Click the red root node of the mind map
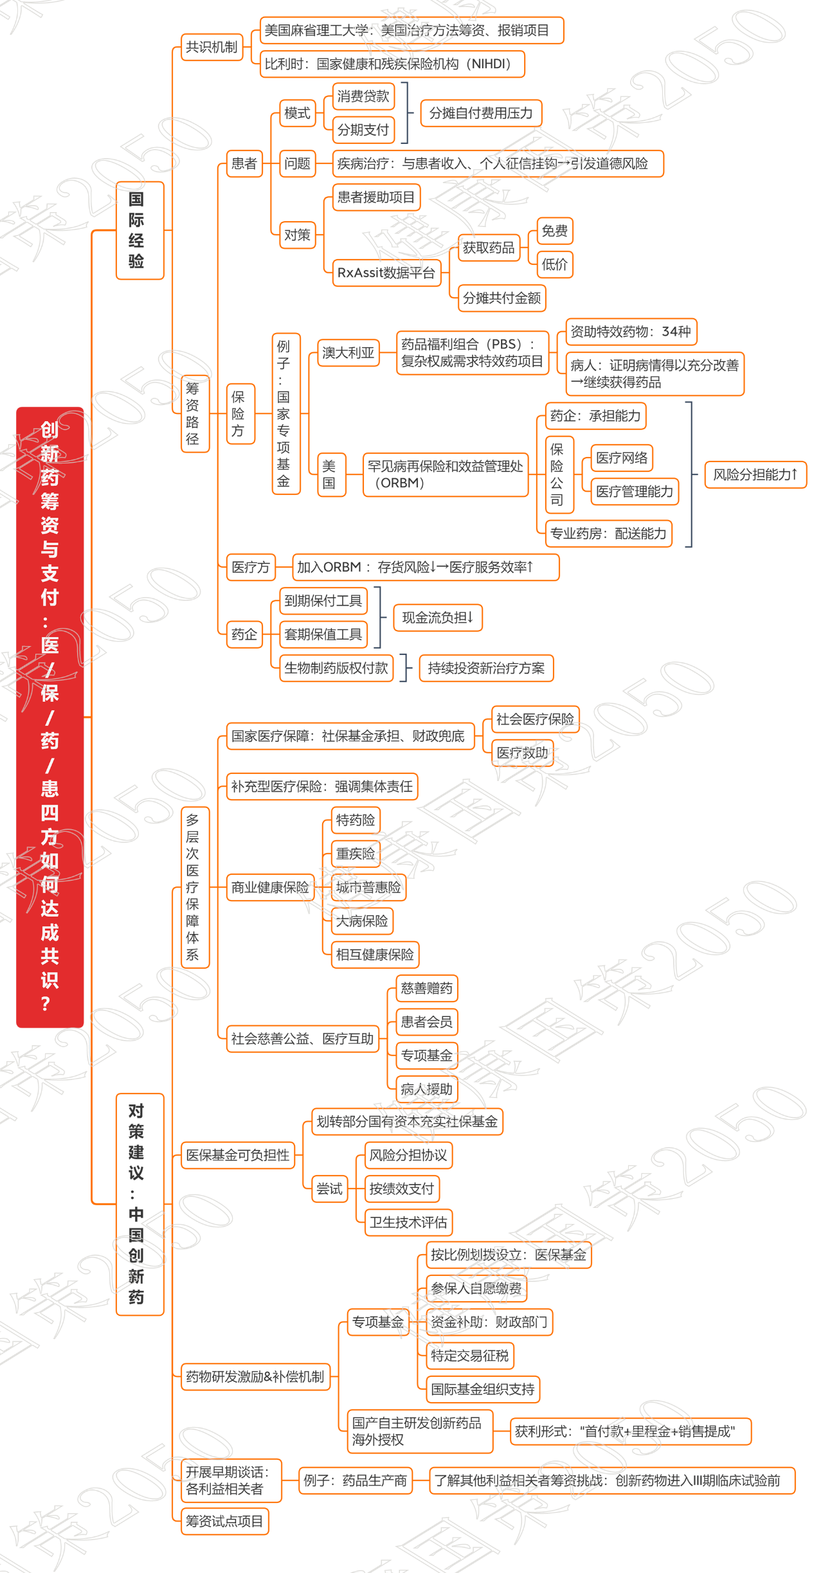pos(50,716)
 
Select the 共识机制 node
pos(212,47)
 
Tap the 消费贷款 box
pos(363,96)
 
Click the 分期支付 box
pos(363,130)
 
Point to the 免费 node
pos(555,231)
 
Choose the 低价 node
pos(555,264)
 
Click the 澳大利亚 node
pos(348,353)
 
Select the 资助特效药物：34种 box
pos(631,332)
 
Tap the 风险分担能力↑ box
pos(755,474)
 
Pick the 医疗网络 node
pos(621,458)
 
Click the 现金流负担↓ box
pos(438,618)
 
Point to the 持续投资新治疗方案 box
pos(486,668)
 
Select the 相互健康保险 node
pos(375,955)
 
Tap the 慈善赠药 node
pos(426,988)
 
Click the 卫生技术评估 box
pos(408,1222)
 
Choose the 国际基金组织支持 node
pos(483,1389)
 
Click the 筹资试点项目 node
pos(224,1521)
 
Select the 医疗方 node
pos(251,567)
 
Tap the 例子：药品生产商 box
pos(356,1480)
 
